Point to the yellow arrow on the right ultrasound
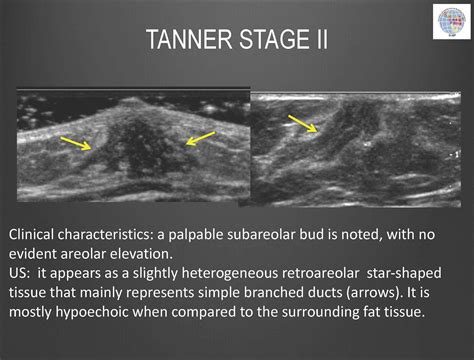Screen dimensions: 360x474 click(302, 123)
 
